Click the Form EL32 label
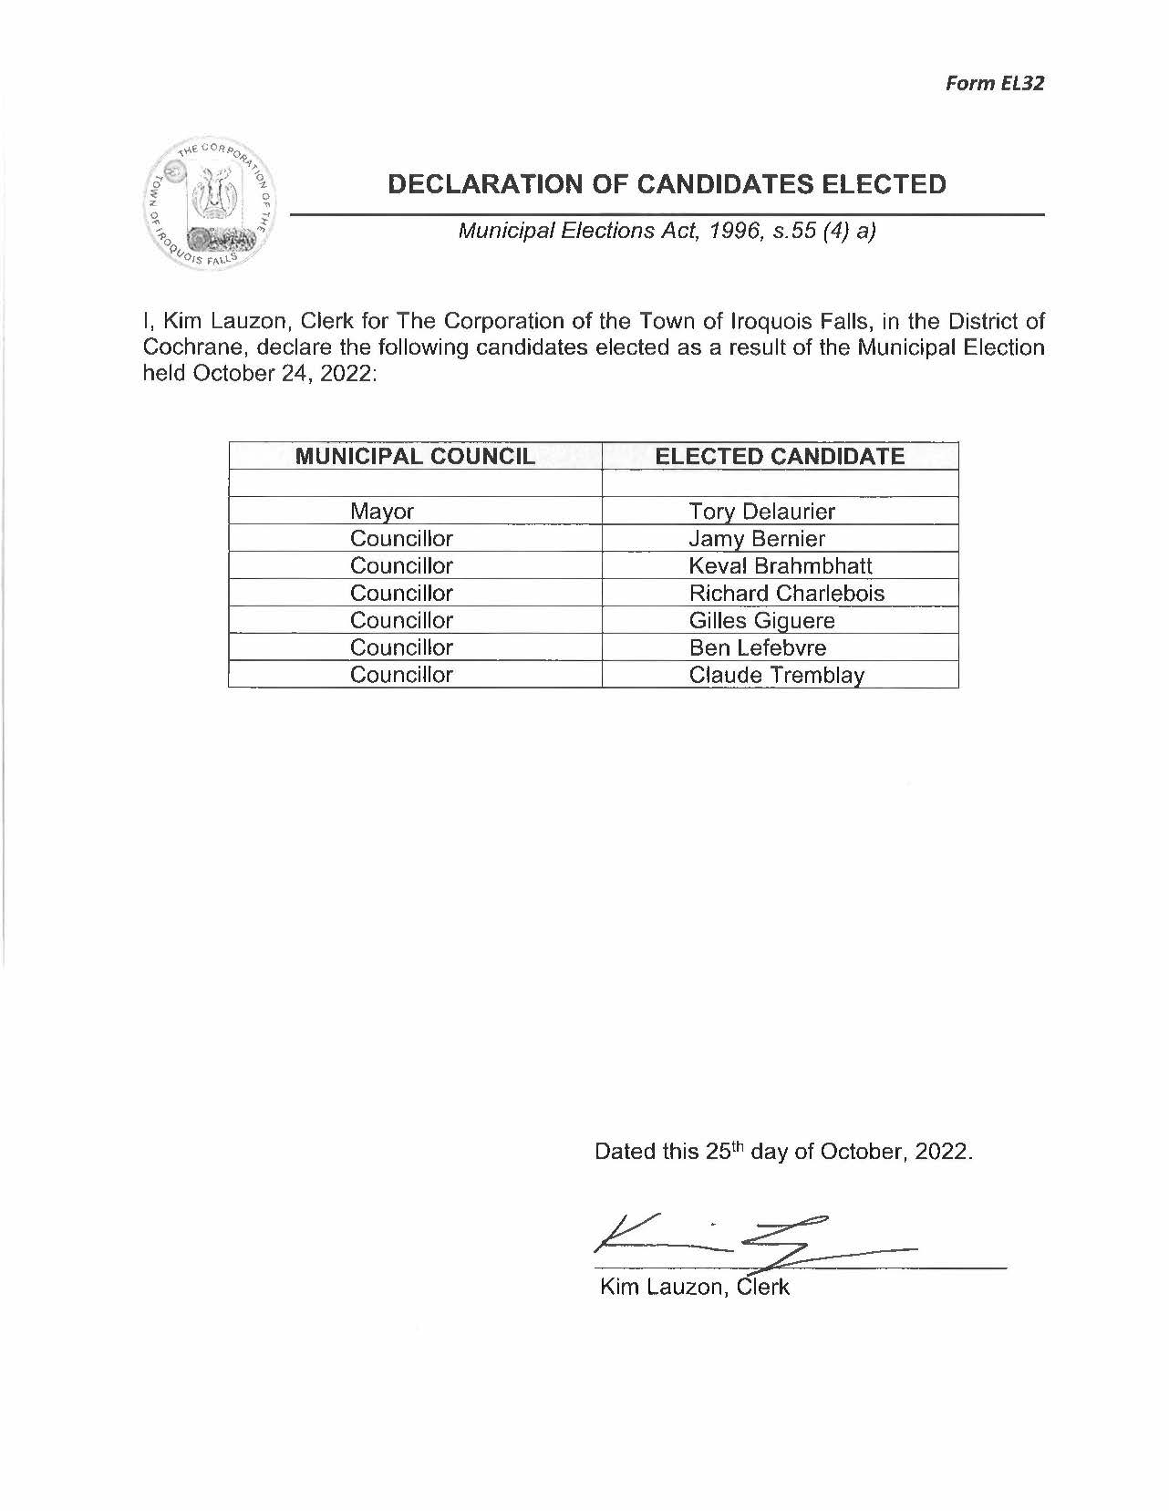[994, 83]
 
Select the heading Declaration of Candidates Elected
[667, 184]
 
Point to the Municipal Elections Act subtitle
[667, 231]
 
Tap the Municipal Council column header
[415, 457]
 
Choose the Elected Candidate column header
[781, 457]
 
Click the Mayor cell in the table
[382, 512]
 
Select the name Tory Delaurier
[761, 512]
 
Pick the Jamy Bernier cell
[757, 539]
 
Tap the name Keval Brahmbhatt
[781, 566]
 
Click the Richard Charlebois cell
[786, 594]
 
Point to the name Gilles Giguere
[761, 621]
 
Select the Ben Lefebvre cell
[757, 648]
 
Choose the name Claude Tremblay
[776, 676]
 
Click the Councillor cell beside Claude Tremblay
[401, 676]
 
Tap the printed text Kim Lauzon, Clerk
[694, 1288]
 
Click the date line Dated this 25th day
[783, 1152]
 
